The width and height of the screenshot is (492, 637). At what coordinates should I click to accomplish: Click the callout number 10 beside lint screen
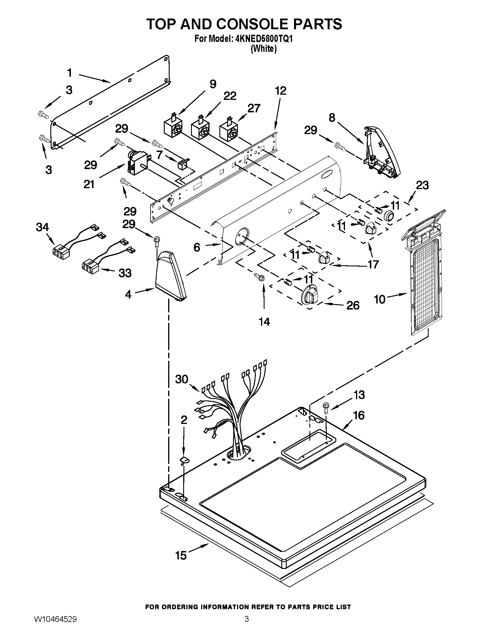(380, 299)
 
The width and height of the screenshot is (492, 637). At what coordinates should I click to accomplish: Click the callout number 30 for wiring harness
(182, 380)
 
